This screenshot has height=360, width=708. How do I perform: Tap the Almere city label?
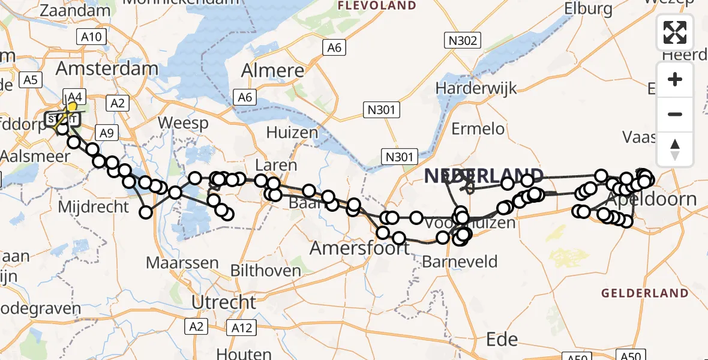pos(272,71)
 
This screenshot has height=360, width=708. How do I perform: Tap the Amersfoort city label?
pos(359,248)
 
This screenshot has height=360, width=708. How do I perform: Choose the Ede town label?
pos(502,339)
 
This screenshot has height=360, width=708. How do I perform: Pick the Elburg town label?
pos(588,9)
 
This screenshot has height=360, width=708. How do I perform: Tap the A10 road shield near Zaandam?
pos(92,37)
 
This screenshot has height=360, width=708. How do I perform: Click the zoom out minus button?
pos(675,114)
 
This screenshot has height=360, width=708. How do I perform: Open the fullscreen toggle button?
pos(675,32)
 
